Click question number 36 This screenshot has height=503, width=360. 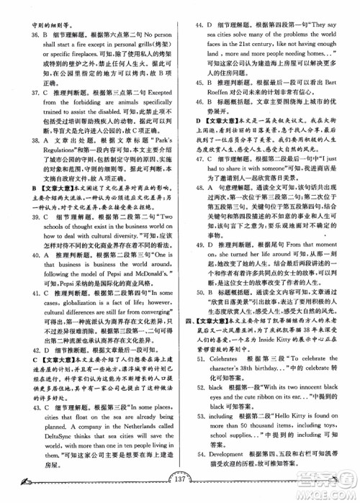click(26, 34)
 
